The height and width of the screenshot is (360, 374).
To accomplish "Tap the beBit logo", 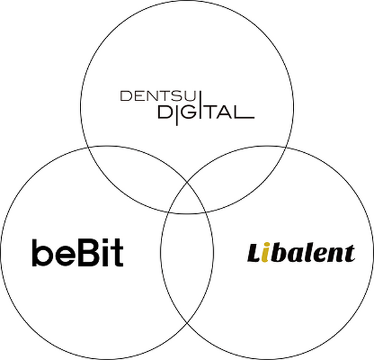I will [x=77, y=253].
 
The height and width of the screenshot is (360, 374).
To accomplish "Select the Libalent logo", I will [x=300, y=253].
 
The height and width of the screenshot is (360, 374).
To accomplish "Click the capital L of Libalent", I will [x=254, y=253].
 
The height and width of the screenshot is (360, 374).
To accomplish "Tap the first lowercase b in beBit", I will [x=40, y=252].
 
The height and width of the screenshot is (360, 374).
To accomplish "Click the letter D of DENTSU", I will [x=123, y=96].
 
